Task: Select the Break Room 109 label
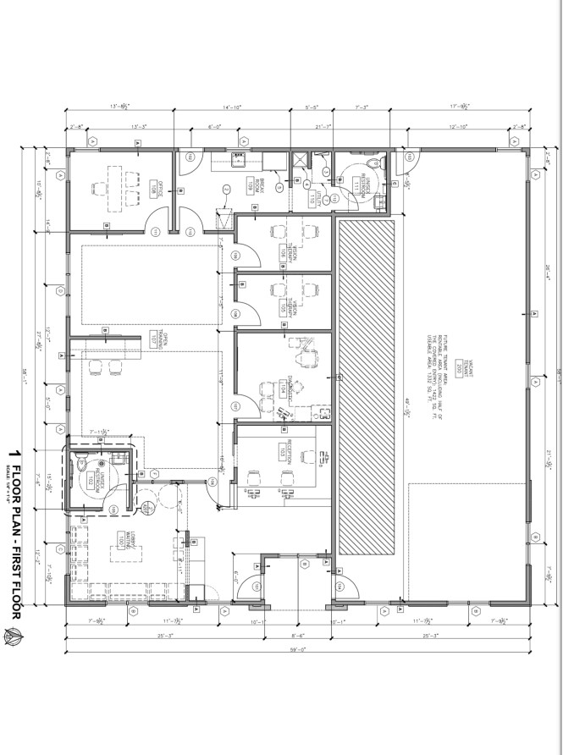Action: (251, 185)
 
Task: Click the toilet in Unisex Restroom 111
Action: (383, 163)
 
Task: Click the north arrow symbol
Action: (14, 637)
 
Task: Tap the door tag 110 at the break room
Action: (189, 158)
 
